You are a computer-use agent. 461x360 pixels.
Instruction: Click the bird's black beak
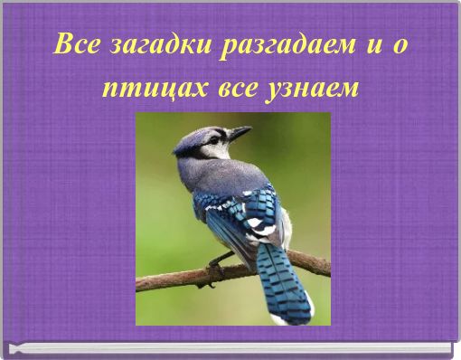239,134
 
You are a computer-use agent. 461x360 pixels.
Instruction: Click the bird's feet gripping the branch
215,267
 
